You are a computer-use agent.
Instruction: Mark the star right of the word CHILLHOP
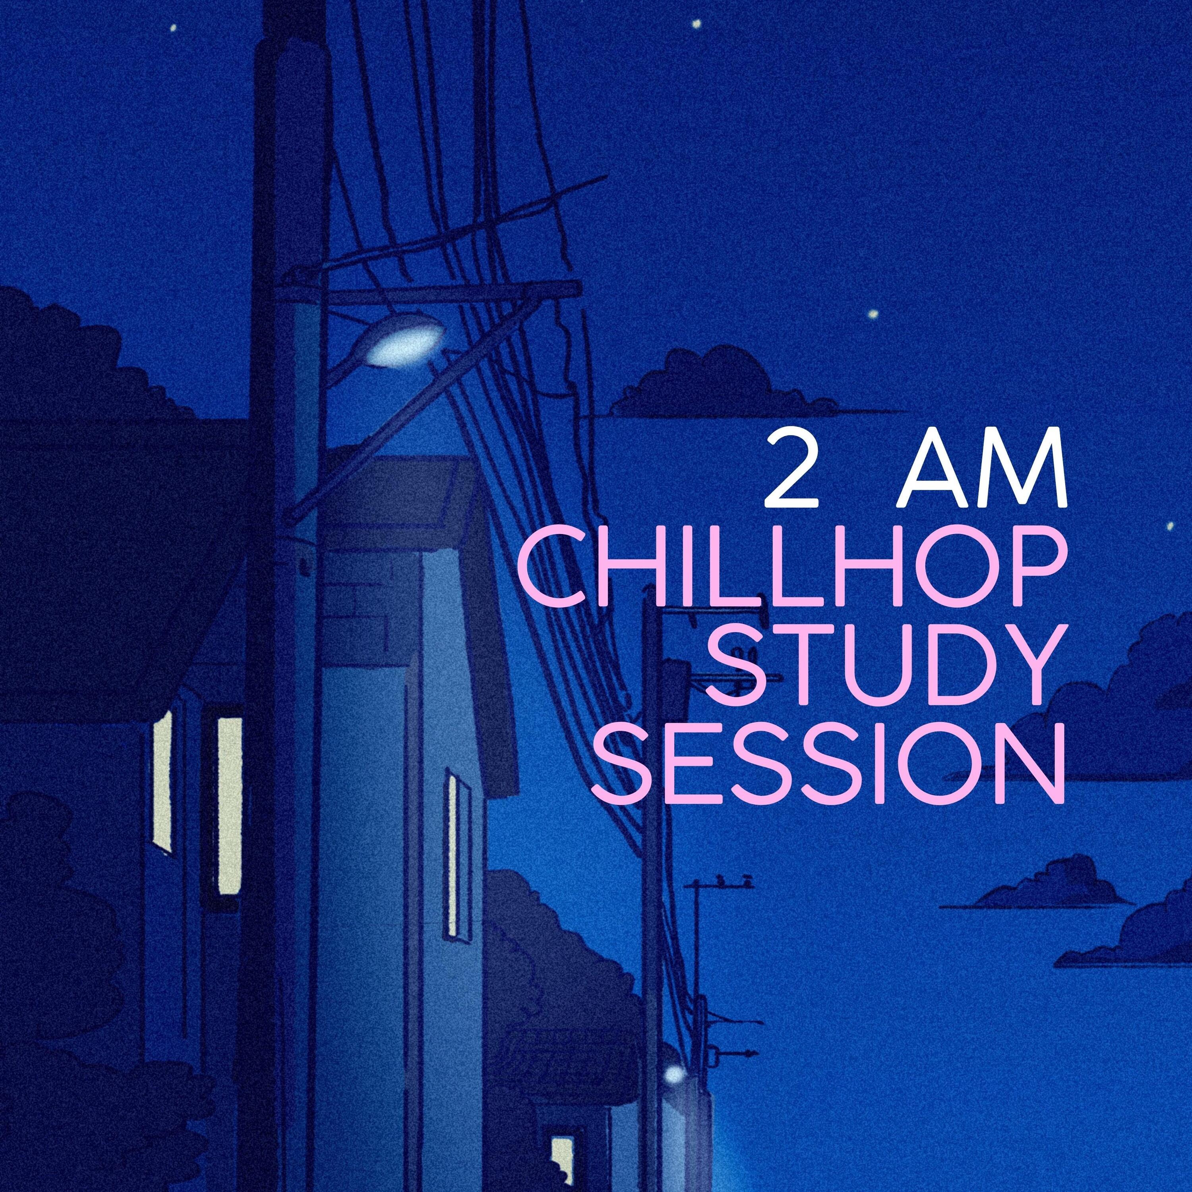[x=1169, y=526]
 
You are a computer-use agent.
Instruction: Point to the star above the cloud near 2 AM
[x=873, y=314]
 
